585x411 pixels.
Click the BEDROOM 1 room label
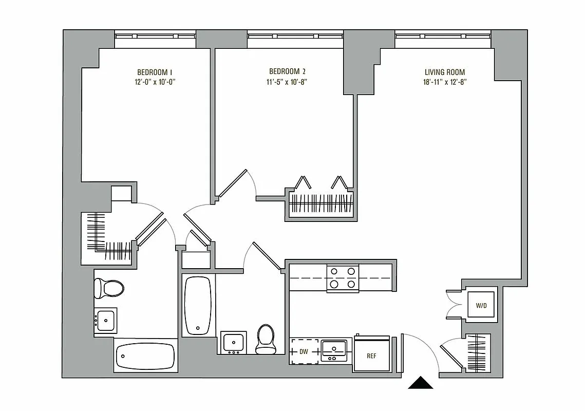158,72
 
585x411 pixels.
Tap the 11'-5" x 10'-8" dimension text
288,82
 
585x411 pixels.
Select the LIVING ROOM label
445,72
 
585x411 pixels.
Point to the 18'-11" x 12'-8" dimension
445,82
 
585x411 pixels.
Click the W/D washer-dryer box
481,305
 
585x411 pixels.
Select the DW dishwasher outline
304,351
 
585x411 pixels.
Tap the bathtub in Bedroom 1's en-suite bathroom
145,355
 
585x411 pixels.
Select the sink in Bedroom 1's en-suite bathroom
106,321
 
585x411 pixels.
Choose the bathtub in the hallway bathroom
197,305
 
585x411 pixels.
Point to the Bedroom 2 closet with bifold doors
320,205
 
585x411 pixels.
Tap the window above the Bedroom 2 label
295,36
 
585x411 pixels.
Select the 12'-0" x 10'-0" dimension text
158,82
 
